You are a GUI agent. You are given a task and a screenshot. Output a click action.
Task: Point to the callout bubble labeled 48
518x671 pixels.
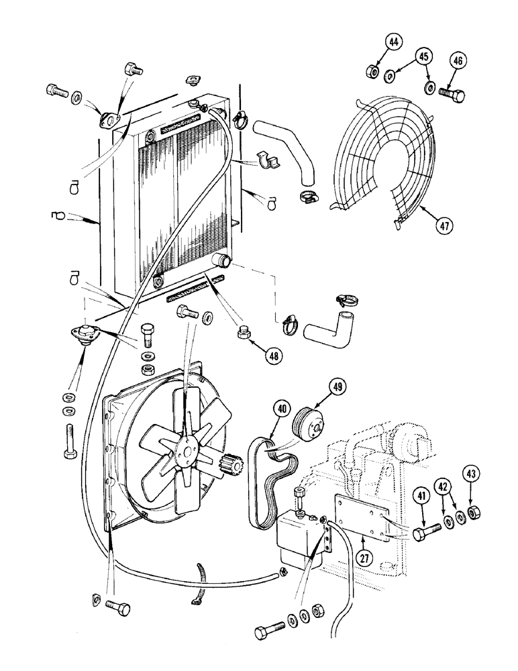click(272, 356)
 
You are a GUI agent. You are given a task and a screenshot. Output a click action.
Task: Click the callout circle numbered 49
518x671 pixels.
click(338, 386)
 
